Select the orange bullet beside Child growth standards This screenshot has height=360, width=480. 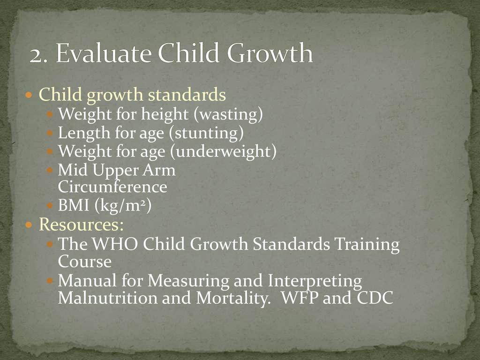[x=29, y=95]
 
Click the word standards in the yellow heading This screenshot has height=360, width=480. [x=187, y=94]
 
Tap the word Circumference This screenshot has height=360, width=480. [x=112, y=187]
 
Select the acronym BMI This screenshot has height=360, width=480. [x=74, y=205]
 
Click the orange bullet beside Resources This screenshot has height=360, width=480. [x=29, y=225]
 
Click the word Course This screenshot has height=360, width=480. [x=84, y=262]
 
